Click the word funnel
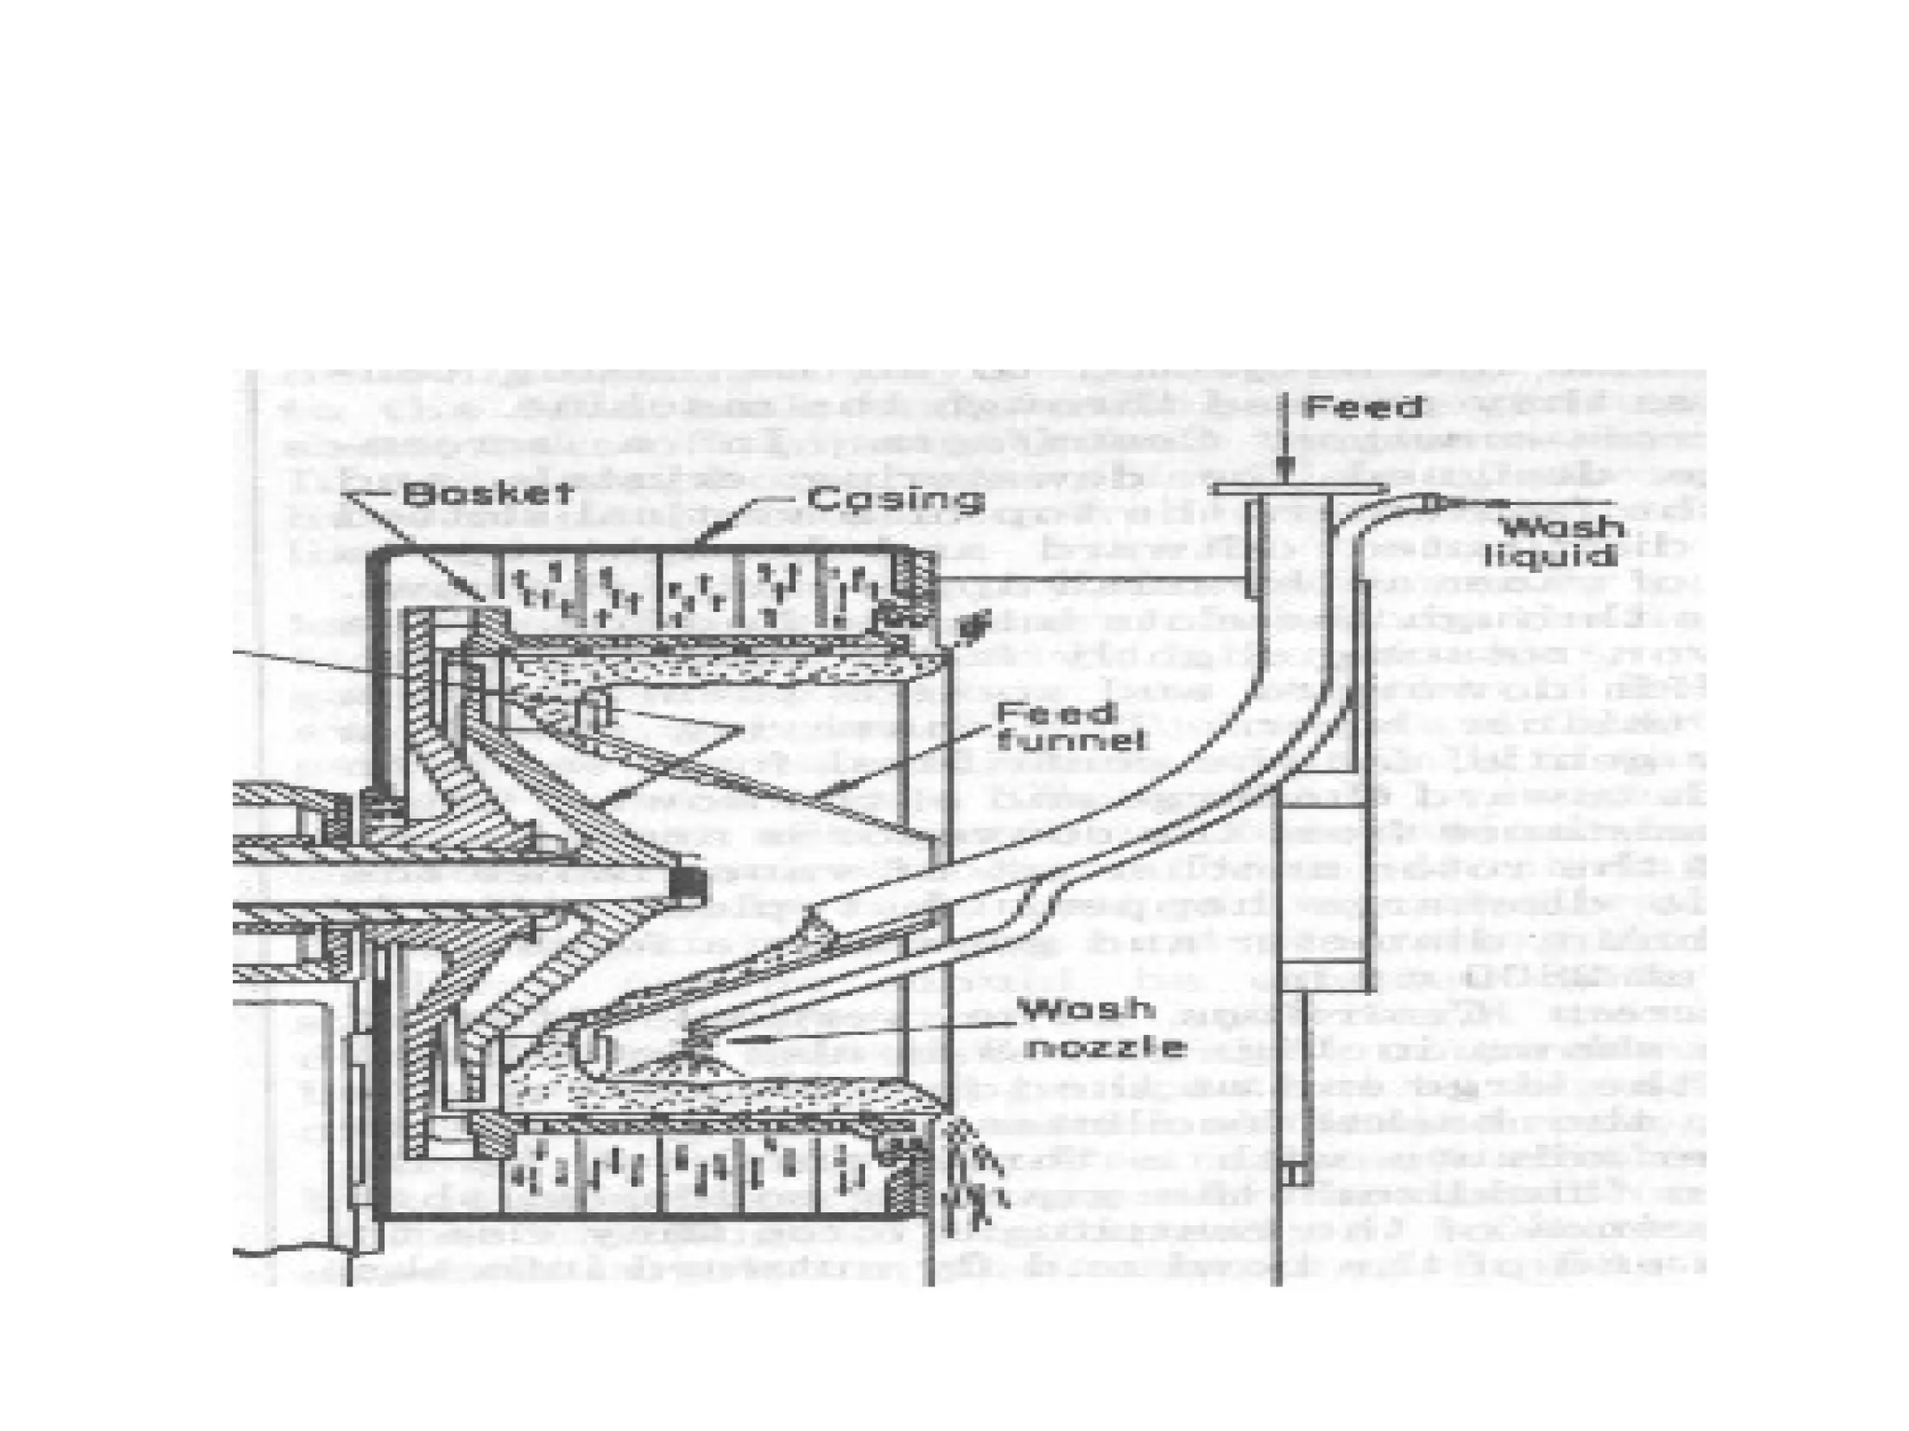point(1072,743)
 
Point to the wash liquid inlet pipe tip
point(1435,503)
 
